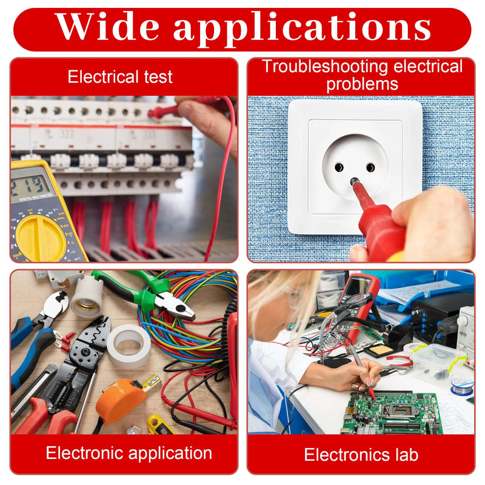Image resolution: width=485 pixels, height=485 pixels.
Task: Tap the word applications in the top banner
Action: tap(302, 29)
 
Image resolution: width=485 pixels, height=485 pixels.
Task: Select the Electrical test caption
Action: tap(120, 77)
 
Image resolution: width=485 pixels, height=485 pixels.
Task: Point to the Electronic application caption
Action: tap(129, 453)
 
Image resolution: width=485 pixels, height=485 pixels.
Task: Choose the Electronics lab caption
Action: tap(361, 455)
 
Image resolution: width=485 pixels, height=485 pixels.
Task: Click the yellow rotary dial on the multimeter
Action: tap(40, 238)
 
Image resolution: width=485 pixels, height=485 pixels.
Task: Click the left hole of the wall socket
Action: tap(339, 168)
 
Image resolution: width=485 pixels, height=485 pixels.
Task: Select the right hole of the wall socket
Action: tap(370, 167)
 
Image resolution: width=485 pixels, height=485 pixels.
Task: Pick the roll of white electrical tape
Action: tap(129, 346)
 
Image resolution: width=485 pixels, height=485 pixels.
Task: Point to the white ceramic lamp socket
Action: tap(87, 297)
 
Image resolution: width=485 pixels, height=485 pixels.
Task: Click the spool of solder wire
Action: tap(462, 387)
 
